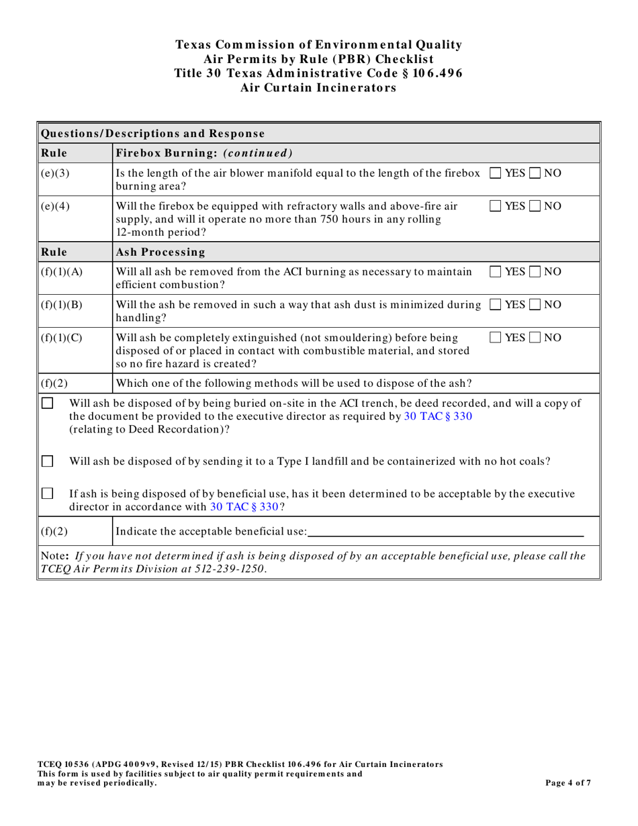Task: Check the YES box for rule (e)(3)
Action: pos(496,173)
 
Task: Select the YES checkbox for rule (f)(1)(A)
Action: pos(496,271)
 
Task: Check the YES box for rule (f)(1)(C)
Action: pos(496,335)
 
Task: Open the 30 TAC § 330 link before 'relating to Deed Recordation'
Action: pos(439,416)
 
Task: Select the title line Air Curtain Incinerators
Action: pos(318,88)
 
